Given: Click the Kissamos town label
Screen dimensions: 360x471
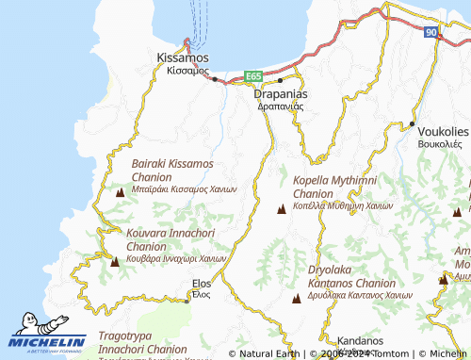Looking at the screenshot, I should click(182, 58).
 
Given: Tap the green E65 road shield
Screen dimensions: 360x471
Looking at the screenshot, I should click(252, 75).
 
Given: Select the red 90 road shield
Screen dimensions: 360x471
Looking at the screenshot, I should click(430, 33).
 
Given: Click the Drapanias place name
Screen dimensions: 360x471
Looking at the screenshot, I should click(280, 95).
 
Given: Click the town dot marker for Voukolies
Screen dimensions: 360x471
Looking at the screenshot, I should click(412, 123).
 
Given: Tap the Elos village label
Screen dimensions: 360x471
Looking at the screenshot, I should click(201, 284).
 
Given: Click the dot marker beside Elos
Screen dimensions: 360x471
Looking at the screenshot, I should click(187, 299).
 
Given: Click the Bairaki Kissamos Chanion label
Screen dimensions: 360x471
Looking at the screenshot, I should click(180, 170).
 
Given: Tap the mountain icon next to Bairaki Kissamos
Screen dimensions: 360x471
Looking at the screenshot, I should click(120, 192).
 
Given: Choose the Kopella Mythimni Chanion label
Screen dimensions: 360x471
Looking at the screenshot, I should click(337, 186).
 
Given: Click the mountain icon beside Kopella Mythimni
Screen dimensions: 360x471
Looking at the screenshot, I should click(280, 208).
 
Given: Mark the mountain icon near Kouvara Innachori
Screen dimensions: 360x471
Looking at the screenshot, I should click(115, 261).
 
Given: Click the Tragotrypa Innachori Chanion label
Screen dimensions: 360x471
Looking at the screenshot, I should click(141, 344).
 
